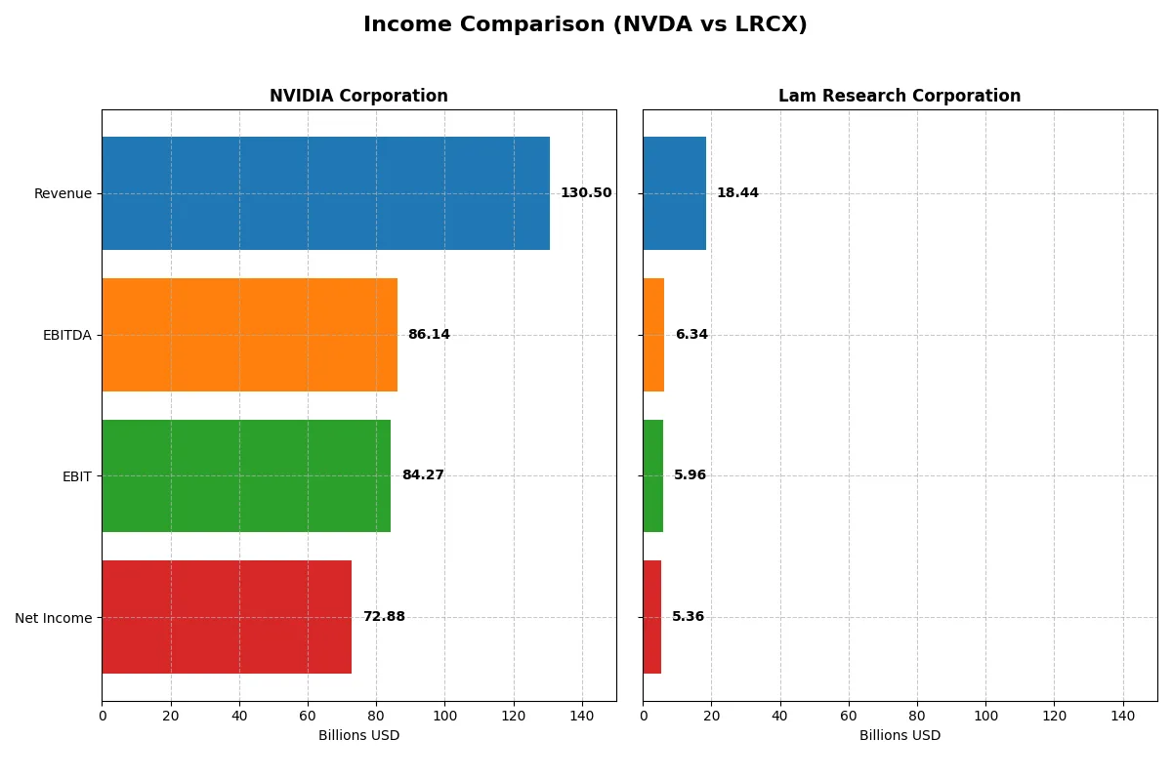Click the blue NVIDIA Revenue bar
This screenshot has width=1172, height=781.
click(325, 193)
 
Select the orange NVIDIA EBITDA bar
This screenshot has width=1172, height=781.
click(249, 335)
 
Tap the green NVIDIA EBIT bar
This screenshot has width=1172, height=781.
click(246, 475)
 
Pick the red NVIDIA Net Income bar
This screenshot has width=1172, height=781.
click(227, 617)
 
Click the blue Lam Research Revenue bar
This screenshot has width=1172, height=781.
click(674, 193)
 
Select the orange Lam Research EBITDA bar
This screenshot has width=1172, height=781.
click(653, 335)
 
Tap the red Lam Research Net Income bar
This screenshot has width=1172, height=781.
click(651, 617)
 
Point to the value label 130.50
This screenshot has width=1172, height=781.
click(586, 193)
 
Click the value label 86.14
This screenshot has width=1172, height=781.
click(429, 335)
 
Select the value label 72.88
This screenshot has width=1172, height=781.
click(384, 617)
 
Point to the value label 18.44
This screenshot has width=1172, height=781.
click(737, 193)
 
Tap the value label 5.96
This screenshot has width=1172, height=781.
click(690, 475)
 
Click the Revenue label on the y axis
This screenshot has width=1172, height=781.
click(63, 194)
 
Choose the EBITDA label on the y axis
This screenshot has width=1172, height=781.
click(66, 336)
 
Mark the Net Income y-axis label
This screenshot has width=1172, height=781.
click(54, 618)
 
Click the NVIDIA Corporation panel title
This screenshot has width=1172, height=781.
click(358, 97)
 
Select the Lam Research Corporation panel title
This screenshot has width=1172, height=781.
click(900, 97)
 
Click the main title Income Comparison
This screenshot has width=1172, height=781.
click(585, 25)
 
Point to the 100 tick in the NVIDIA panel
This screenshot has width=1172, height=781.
click(444, 716)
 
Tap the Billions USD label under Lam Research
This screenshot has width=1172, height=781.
click(900, 736)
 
